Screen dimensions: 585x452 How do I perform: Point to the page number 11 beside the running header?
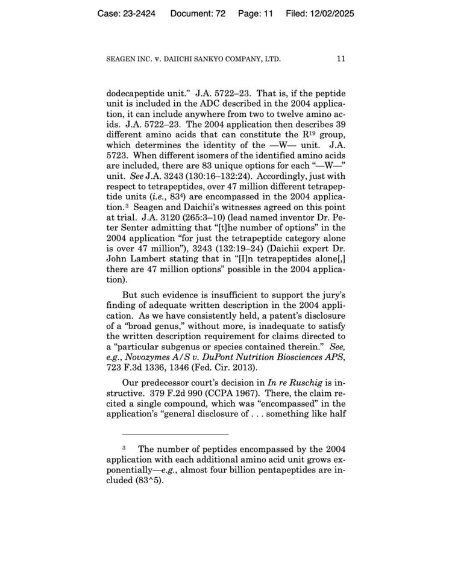point(341,59)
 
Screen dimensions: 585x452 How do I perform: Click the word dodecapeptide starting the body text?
point(137,94)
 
